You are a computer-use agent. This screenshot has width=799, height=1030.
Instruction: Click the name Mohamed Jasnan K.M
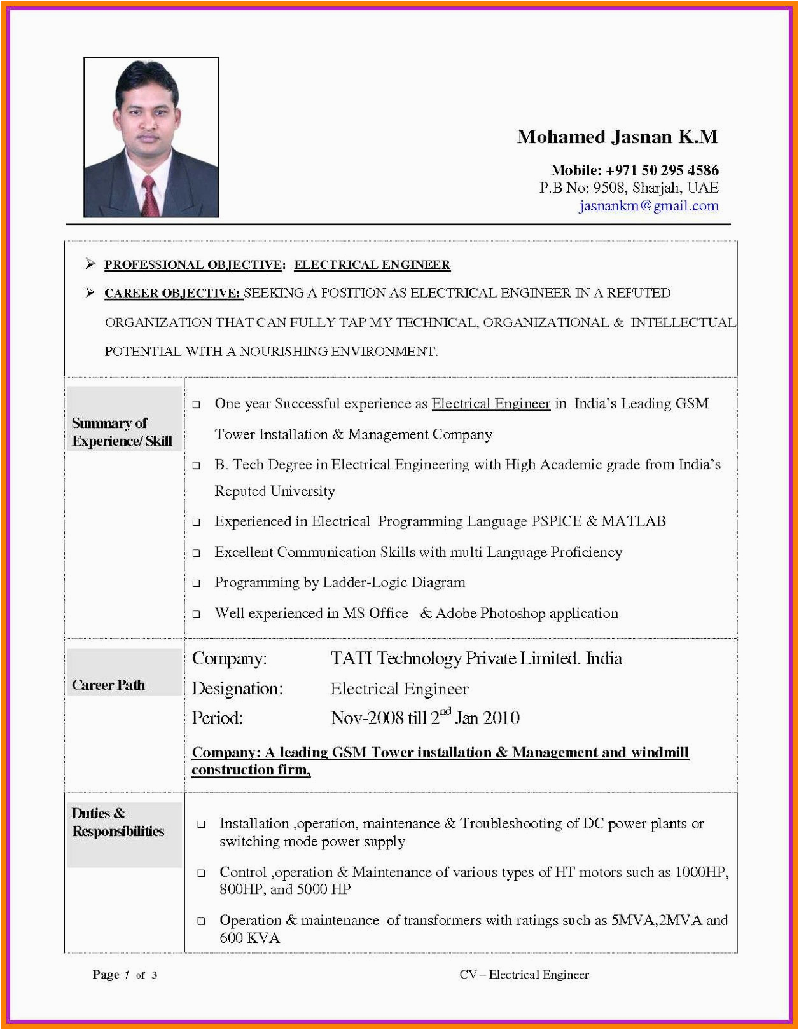coord(617,137)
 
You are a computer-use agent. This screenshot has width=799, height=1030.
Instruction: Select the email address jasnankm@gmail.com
coord(648,206)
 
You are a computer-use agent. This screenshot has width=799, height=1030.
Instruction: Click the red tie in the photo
coord(150,197)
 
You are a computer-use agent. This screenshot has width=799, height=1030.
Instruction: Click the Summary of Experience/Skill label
coord(122,432)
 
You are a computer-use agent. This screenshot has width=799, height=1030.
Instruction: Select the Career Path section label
coord(109,685)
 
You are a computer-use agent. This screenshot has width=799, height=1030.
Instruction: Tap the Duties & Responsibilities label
coord(118,823)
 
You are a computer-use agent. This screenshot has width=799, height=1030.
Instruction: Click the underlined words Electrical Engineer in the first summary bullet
coord(490,404)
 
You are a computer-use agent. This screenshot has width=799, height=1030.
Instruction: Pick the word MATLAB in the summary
coord(633,521)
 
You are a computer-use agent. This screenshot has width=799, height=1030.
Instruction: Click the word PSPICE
coord(556,521)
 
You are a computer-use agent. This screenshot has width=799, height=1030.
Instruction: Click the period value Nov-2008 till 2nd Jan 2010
coord(425,718)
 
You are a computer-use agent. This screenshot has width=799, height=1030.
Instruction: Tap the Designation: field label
coord(237,689)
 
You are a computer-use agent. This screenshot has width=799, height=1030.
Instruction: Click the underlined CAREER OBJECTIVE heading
coord(173,293)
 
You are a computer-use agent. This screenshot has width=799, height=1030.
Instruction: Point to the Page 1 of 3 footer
coord(125,975)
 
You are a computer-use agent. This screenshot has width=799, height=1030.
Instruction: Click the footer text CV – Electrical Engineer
coord(524,975)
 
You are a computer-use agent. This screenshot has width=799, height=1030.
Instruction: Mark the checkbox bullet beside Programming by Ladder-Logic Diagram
coord(197,583)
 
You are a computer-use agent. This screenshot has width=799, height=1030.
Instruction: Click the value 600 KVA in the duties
coord(249,938)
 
